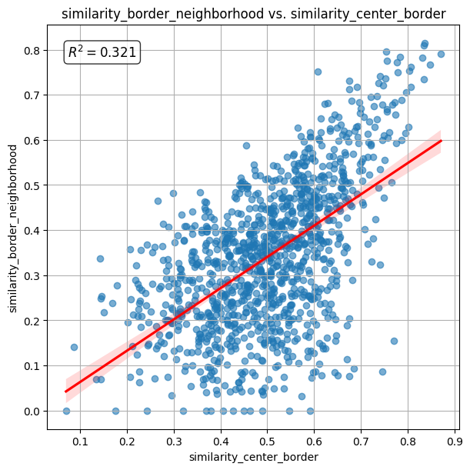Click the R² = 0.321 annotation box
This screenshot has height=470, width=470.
point(102,52)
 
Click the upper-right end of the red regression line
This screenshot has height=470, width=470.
point(441,141)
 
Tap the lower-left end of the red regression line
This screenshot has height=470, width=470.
point(66,392)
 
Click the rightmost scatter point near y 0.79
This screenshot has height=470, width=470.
point(441,54)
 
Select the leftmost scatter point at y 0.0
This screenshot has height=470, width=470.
point(66,411)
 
